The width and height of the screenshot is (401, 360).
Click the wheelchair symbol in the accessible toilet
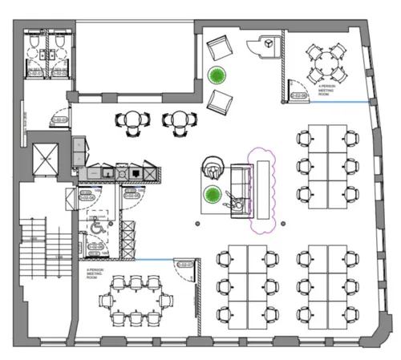(x=94, y=227)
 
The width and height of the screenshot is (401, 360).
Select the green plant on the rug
(x=212, y=195)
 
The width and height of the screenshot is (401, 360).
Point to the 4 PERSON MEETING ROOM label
(x=326, y=90)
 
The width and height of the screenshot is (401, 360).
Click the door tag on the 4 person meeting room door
(x=298, y=96)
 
